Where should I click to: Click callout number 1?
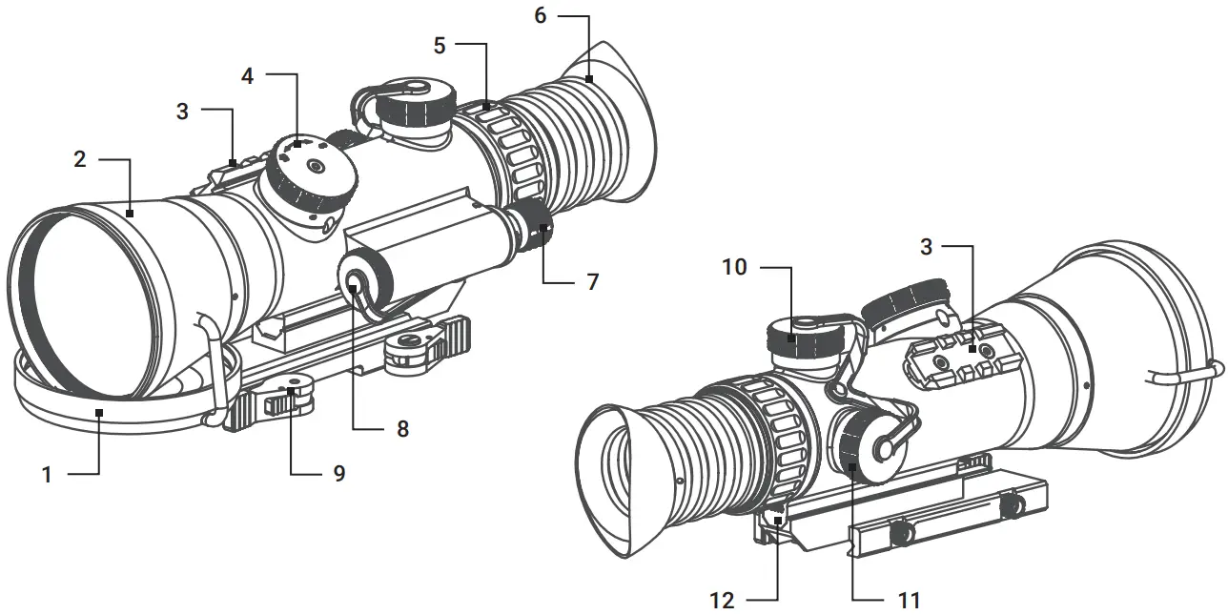47,474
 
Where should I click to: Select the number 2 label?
80,159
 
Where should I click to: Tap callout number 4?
248,76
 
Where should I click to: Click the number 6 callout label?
540,17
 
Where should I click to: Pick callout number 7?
593,282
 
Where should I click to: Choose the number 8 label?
402,429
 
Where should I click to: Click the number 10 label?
734,267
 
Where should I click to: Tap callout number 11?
909,600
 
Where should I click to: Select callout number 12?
722,600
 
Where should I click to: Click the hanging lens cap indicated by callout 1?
105,405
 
